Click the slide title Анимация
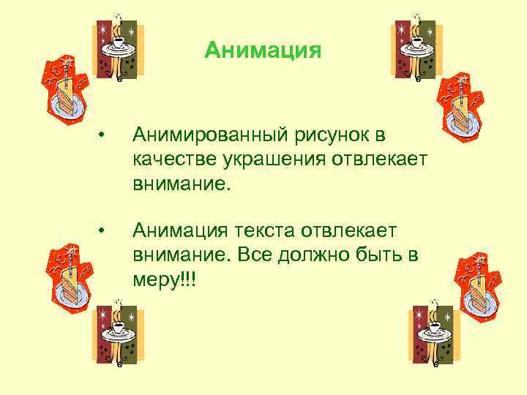(263, 50)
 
